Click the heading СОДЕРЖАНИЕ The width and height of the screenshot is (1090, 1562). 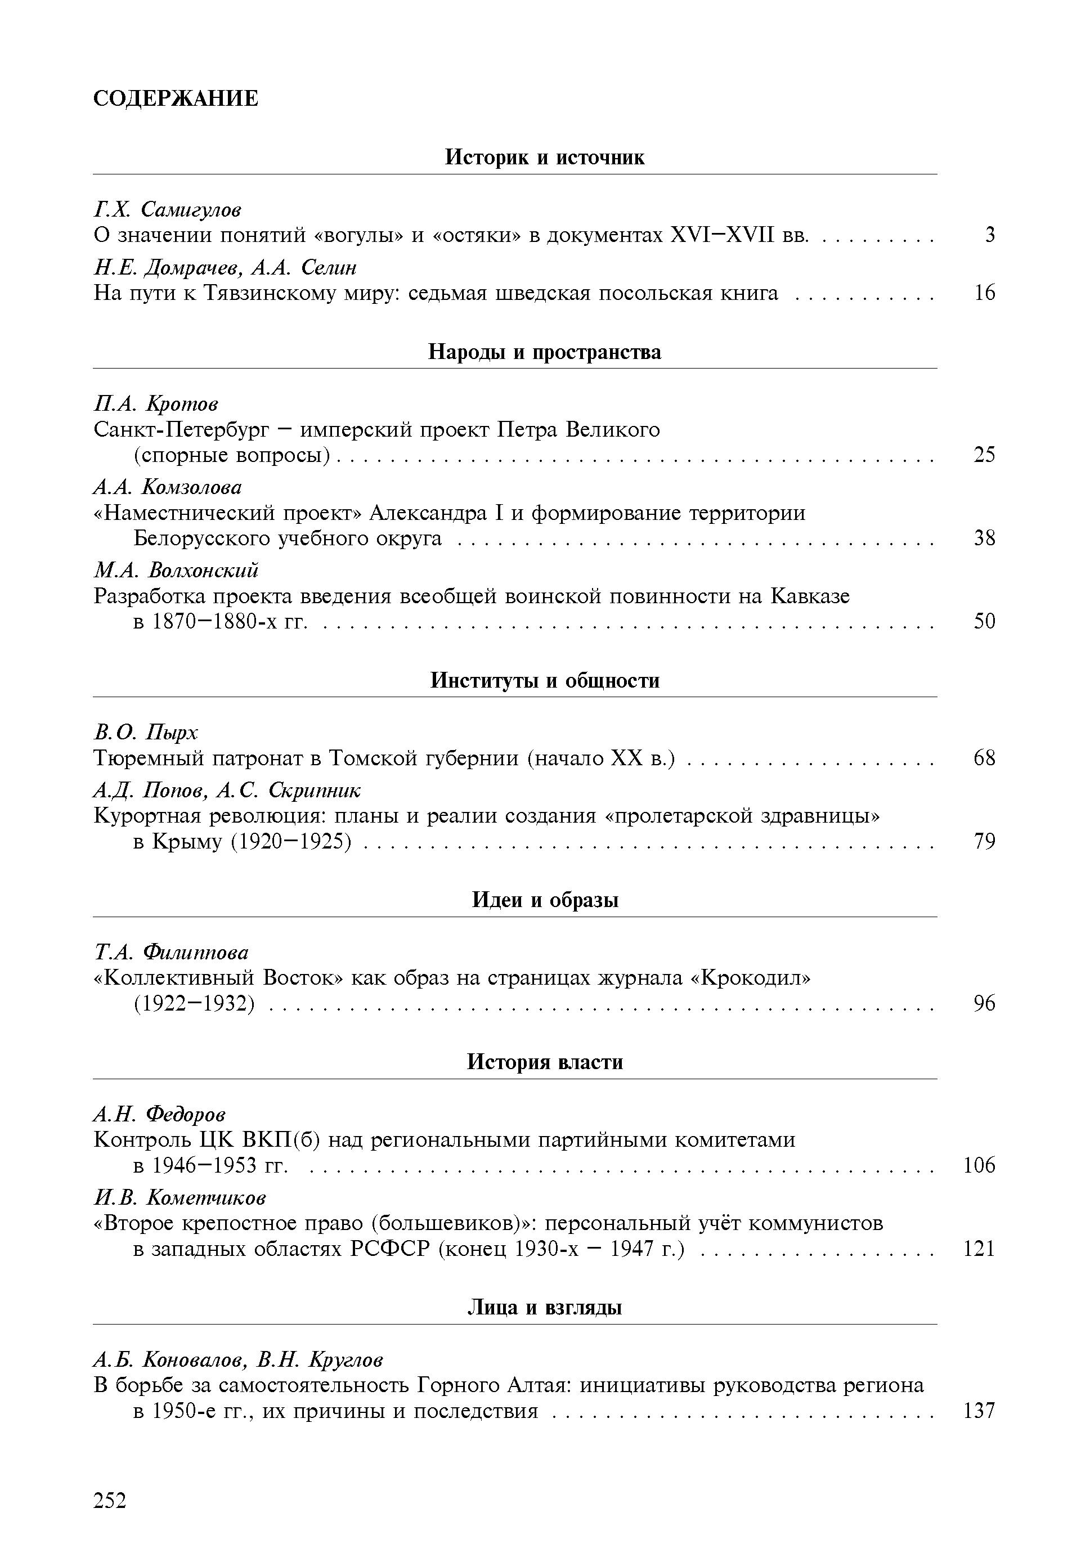(176, 98)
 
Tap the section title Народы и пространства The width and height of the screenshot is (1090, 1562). (544, 352)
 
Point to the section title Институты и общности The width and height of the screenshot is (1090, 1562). (544, 680)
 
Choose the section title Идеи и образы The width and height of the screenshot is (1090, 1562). (544, 900)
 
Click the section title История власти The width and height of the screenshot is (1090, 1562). (544, 1062)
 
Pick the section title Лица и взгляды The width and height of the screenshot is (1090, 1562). (544, 1308)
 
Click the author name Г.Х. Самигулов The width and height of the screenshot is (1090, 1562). (167, 209)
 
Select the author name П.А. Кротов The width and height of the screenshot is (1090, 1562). (156, 404)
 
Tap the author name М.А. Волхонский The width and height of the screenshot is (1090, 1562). (176, 569)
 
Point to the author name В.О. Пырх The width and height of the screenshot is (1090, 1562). (146, 733)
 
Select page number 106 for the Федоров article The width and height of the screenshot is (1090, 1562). (979, 1165)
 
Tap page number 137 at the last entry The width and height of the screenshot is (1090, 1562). (979, 1411)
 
